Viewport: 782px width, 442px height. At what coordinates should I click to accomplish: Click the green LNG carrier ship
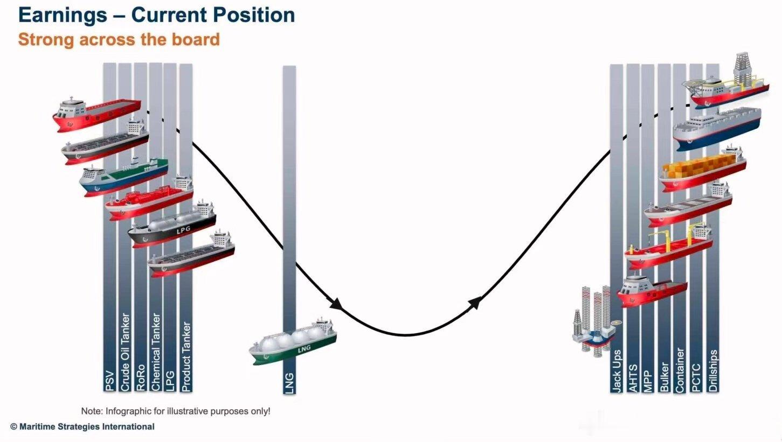tap(293, 342)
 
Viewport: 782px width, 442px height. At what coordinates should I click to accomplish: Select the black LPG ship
tap(172, 225)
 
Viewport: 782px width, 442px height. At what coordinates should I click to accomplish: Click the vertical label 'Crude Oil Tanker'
tap(125, 352)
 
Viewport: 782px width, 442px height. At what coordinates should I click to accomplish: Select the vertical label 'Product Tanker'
tap(186, 356)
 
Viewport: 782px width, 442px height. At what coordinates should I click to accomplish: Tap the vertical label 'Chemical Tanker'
tap(156, 352)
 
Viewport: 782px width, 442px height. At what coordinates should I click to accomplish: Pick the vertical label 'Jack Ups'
tap(617, 371)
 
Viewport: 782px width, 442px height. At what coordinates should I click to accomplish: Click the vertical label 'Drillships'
tap(713, 370)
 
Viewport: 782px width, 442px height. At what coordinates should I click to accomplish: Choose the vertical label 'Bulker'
tap(664, 377)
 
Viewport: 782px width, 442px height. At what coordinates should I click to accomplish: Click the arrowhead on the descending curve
tap(336, 304)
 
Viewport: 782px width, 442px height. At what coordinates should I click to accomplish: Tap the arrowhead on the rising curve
tap(475, 303)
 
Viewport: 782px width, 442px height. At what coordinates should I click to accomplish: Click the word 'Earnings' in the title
tap(63, 16)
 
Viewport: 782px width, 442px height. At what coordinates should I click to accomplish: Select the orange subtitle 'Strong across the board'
tap(119, 39)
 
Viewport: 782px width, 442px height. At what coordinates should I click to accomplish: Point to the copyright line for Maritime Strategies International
tap(82, 426)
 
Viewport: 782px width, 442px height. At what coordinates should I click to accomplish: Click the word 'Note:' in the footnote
tap(92, 411)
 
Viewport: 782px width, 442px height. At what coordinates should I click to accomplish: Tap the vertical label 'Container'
tap(680, 370)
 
